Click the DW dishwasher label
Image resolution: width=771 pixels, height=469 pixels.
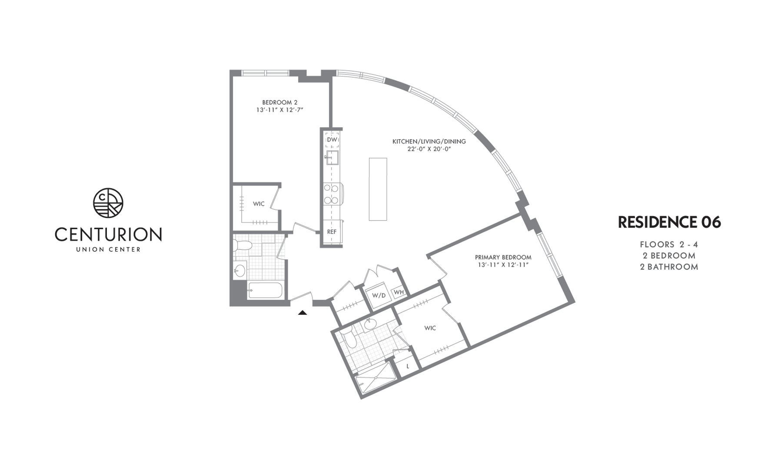click(x=332, y=140)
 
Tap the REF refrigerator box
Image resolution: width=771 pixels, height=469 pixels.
click(x=332, y=232)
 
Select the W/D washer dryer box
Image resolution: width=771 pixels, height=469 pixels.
click(x=379, y=295)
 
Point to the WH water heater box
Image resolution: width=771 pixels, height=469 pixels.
click(x=399, y=292)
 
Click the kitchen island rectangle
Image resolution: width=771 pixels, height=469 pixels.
click(x=378, y=189)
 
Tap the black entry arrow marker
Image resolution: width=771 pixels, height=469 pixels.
click(x=302, y=312)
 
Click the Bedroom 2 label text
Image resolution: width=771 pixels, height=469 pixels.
click(x=279, y=102)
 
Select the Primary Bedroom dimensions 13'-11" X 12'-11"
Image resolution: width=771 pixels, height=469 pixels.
click(x=503, y=265)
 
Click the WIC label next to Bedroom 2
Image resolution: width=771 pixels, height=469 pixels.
click(x=259, y=204)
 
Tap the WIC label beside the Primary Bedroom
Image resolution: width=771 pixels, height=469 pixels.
click(x=430, y=328)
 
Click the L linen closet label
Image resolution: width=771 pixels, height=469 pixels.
click(x=408, y=366)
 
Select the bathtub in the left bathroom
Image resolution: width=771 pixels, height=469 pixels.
click(x=265, y=290)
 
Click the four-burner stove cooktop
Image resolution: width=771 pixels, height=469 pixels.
click(x=332, y=194)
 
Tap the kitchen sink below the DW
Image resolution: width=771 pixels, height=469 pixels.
click(x=332, y=158)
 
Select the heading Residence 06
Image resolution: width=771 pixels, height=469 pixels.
click(x=669, y=222)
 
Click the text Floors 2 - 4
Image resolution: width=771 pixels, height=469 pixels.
click(x=669, y=244)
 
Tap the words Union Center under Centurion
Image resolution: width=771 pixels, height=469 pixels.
click(x=108, y=250)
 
